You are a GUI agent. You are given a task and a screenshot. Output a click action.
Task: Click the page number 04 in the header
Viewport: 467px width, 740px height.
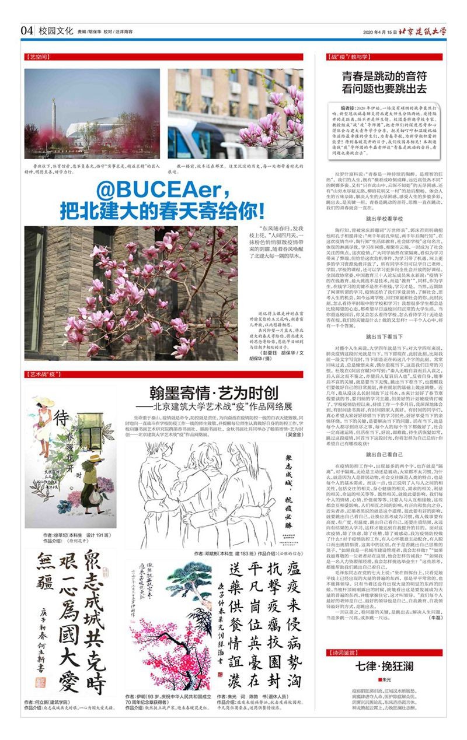click(x=26, y=30)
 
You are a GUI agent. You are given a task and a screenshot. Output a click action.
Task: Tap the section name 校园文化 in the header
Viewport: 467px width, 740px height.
click(x=52, y=30)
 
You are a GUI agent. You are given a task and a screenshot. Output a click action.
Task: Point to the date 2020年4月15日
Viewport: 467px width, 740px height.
click(x=379, y=32)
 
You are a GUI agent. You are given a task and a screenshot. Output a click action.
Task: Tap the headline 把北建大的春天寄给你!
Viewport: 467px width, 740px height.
click(x=161, y=209)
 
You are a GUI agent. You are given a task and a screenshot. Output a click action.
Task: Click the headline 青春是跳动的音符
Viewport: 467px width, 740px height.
click(x=384, y=75)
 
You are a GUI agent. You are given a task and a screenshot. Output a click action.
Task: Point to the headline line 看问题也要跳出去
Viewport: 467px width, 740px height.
click(x=384, y=89)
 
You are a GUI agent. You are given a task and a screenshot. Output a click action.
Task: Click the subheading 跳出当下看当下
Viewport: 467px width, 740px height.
click(x=384, y=336)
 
